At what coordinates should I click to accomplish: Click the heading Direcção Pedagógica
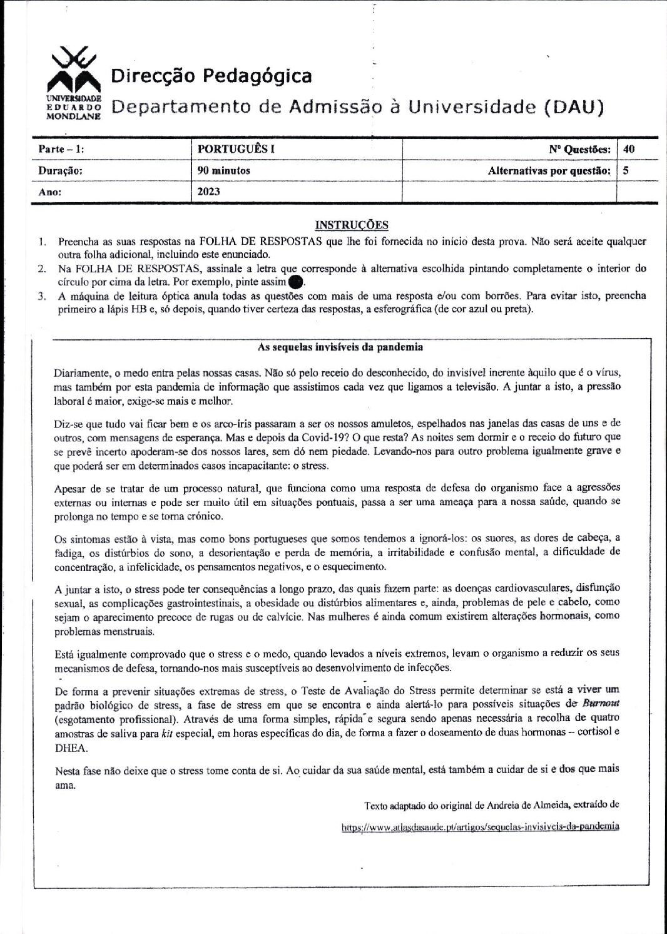[211, 76]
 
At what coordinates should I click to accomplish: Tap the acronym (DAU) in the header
[573, 107]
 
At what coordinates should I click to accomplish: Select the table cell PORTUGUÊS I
[236, 149]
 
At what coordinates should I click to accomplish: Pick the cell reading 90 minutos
[223, 170]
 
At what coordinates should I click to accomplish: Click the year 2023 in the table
[208, 192]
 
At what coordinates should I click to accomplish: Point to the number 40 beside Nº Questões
[629, 149]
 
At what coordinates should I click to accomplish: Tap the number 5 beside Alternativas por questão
[626, 170]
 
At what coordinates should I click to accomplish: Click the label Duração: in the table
[60, 170]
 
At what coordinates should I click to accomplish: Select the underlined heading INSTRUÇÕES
[351, 225]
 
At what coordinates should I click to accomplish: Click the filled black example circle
[295, 282]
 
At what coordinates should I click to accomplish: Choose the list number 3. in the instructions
[42, 296]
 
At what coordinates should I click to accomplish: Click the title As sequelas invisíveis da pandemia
[340, 347]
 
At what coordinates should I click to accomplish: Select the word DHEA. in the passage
[71, 747]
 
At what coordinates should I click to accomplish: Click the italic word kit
[166, 733]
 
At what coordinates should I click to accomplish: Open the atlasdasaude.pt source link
[480, 826]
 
